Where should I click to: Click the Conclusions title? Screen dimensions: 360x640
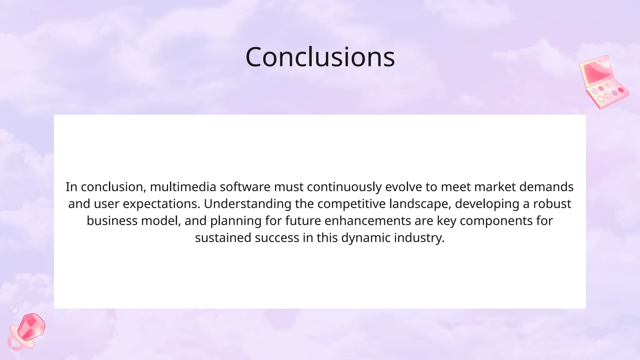[x=320, y=57]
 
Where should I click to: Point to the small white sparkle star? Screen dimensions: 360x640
[x=15, y=311]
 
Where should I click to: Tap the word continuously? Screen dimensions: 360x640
[x=344, y=187]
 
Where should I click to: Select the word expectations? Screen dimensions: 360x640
[x=161, y=204]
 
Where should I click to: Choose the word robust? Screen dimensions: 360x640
[x=552, y=204]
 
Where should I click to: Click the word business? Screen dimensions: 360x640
[x=112, y=221]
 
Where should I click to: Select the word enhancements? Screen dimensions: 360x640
[x=368, y=221]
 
